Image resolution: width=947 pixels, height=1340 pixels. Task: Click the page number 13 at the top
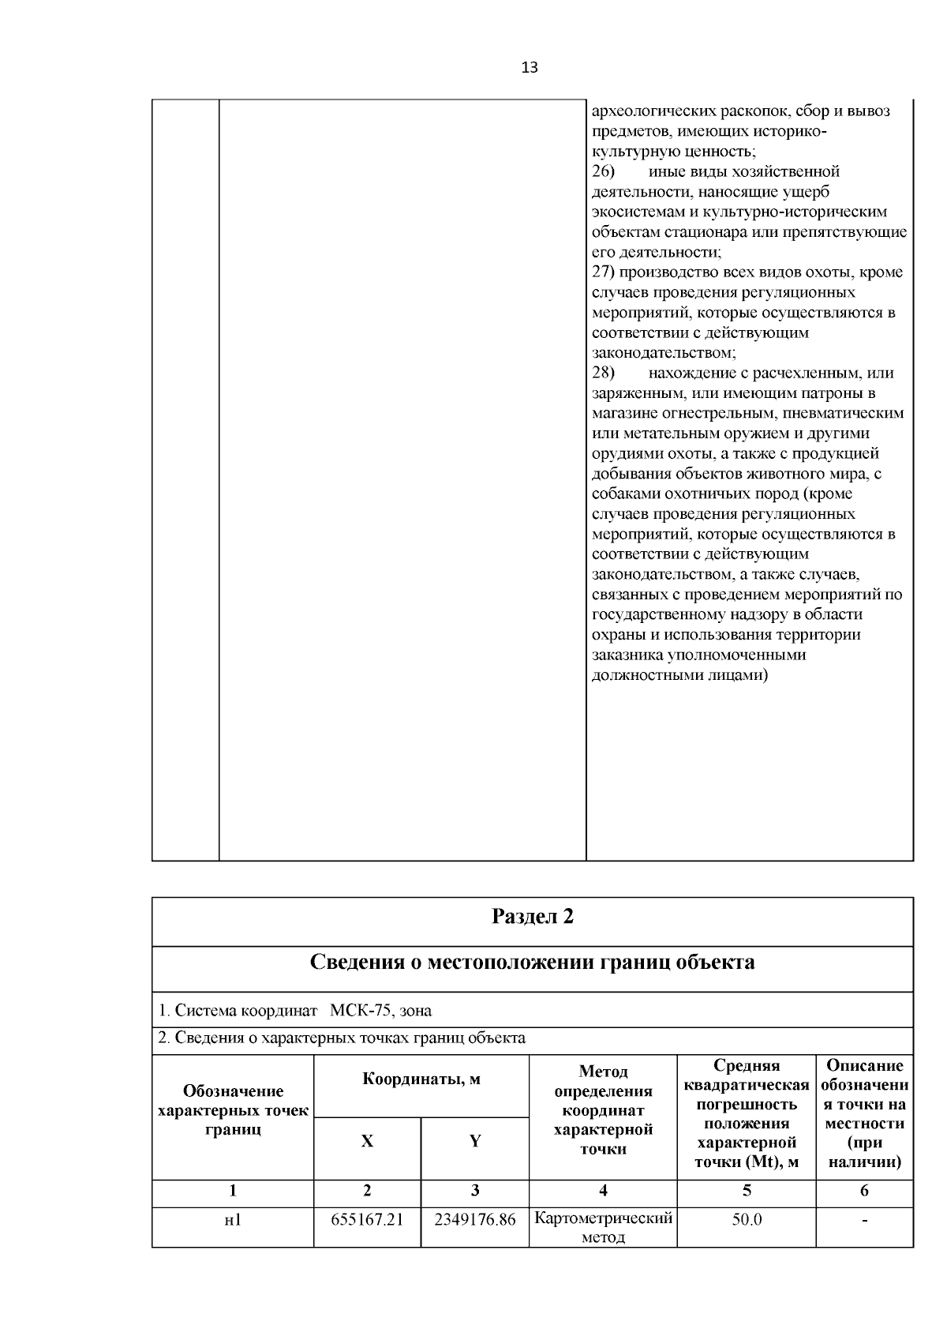pos(530,68)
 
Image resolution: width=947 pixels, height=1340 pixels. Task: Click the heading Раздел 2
pos(533,916)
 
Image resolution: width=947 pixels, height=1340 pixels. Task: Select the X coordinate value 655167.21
pos(367,1219)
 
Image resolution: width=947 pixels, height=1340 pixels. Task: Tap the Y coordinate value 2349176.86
pos(474,1219)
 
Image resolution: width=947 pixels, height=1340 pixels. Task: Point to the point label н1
pos(233,1220)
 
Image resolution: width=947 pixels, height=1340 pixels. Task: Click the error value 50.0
pos(747,1219)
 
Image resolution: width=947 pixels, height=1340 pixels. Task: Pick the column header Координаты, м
pos(421,1079)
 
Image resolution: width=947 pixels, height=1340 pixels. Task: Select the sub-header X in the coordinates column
pos(367,1141)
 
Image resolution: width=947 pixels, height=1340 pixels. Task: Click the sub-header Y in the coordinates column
pos(475,1141)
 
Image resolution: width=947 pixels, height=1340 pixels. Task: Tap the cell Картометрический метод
pos(603,1227)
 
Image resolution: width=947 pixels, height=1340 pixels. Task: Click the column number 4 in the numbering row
pos(603,1191)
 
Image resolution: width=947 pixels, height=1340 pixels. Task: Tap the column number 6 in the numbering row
pos(864,1191)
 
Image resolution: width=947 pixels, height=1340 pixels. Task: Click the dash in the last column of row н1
pos(864,1221)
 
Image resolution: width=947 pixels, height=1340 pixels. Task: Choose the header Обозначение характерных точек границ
pos(233,1110)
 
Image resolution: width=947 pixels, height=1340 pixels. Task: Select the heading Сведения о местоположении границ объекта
pos(533,963)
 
